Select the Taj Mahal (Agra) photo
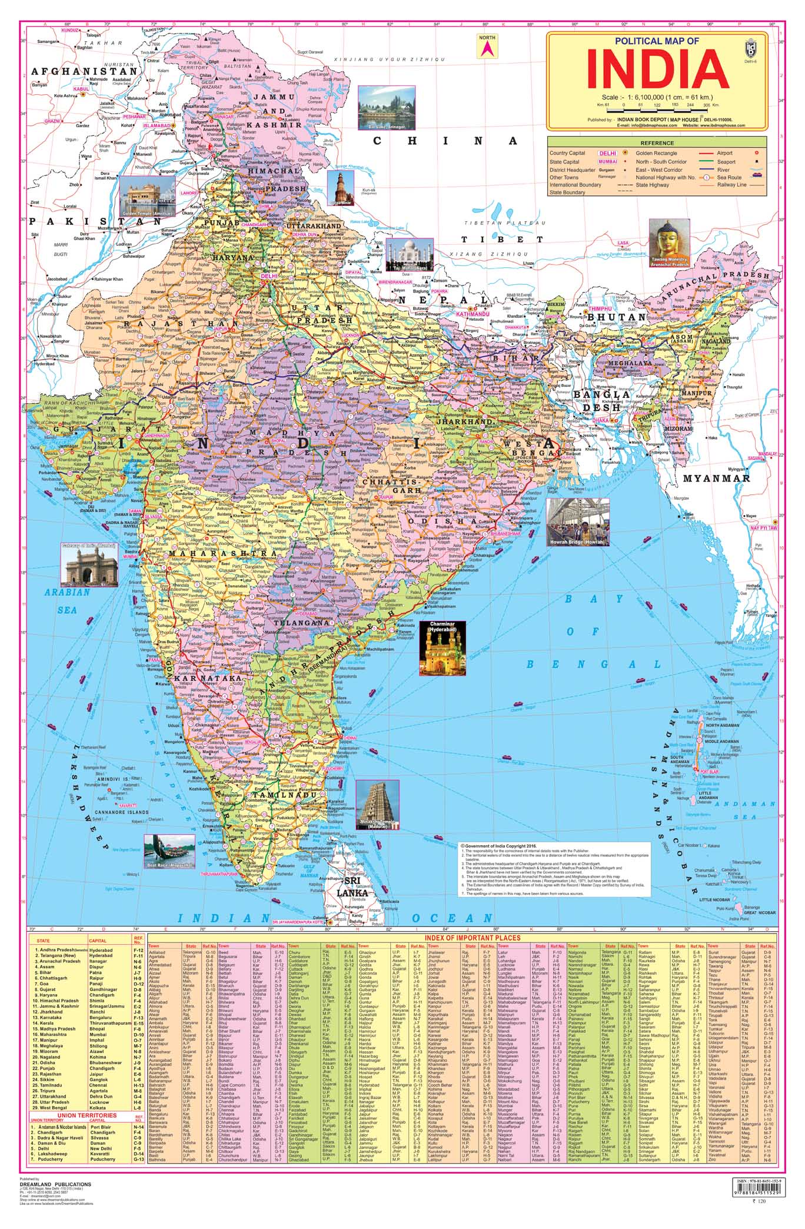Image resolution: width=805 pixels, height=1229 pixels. click(408, 254)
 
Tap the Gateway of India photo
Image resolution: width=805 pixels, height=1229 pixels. click(88, 564)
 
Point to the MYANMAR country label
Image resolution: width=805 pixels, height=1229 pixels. click(716, 479)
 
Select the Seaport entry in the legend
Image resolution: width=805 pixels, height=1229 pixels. click(726, 161)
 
